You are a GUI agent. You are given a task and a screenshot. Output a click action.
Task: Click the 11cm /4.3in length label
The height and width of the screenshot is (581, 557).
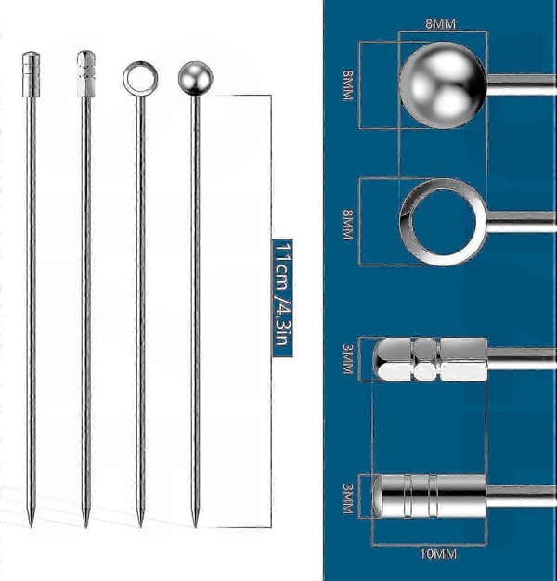[283, 298]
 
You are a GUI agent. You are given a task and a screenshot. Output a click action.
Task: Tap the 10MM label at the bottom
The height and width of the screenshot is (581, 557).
[437, 554]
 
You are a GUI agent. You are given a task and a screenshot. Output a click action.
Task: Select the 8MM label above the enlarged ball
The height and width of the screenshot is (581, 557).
[440, 24]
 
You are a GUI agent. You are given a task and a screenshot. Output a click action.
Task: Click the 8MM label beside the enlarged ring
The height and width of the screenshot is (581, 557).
[348, 225]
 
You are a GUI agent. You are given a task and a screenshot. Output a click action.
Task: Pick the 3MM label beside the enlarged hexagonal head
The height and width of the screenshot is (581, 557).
[348, 359]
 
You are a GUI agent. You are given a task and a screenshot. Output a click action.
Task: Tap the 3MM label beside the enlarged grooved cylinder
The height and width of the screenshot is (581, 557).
[348, 498]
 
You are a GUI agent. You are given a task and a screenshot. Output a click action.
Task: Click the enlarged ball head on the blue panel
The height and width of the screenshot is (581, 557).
[443, 85]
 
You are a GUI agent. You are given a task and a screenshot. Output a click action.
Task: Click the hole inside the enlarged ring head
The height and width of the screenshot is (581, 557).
[443, 222]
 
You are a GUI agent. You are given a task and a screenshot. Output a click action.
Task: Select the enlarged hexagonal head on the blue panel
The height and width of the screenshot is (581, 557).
[431, 359]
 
